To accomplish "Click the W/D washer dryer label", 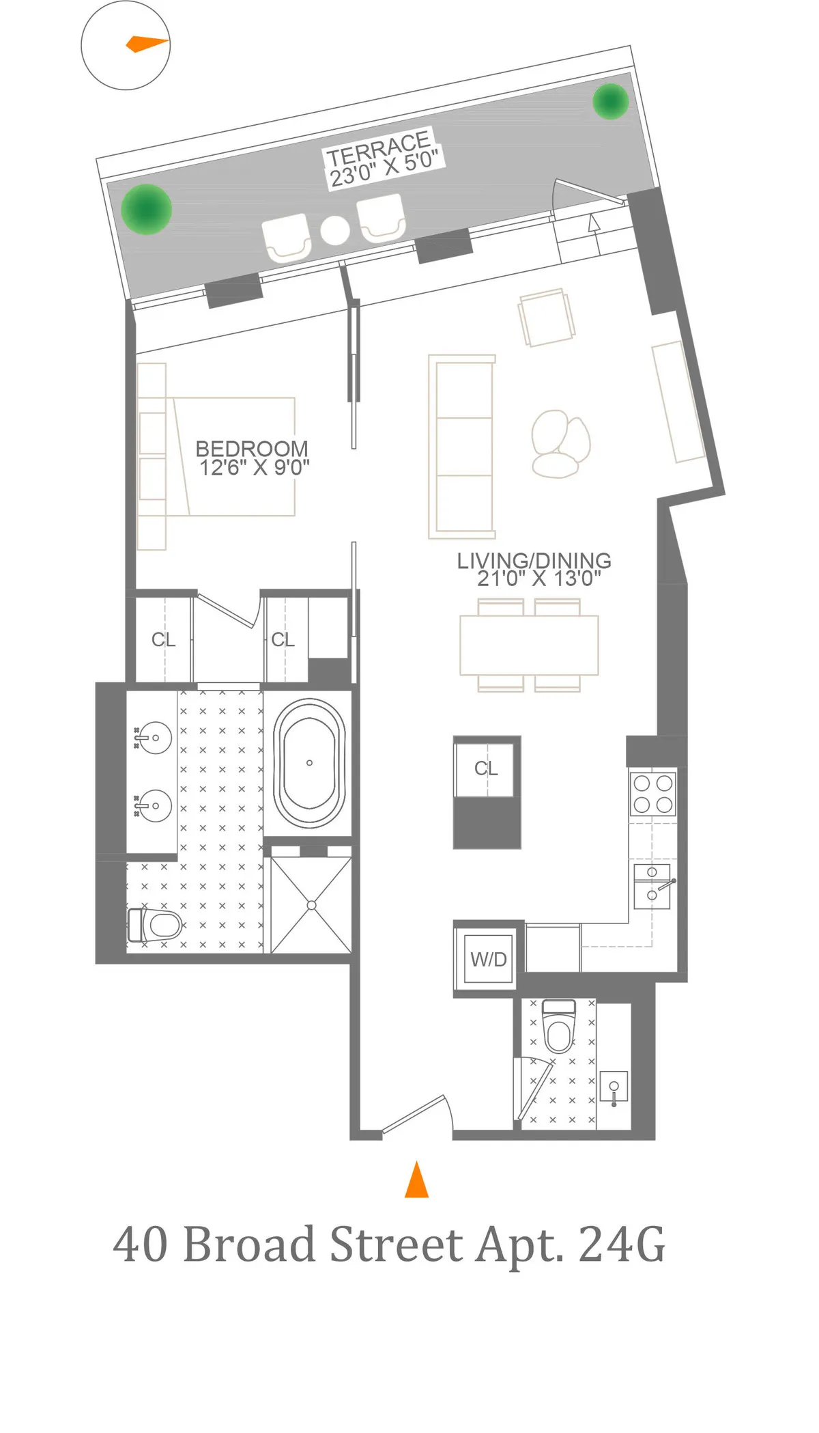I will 488,960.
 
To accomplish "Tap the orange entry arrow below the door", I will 416,1180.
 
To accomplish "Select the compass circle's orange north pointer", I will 147,44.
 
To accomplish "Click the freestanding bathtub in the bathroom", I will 309,762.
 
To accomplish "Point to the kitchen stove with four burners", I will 652,793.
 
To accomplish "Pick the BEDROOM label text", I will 252,449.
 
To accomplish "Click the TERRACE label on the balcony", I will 378,148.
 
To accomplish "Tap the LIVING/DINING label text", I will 534,561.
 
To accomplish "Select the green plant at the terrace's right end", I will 609,101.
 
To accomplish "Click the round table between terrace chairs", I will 335,230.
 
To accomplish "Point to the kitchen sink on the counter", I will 652,886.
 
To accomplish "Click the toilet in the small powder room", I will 559,1026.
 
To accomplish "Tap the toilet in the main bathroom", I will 156,926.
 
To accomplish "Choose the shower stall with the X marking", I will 311,905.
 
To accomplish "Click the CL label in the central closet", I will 486,769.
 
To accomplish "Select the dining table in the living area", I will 529,645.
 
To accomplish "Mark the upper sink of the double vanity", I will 154,738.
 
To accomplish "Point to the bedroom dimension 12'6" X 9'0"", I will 254,468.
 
